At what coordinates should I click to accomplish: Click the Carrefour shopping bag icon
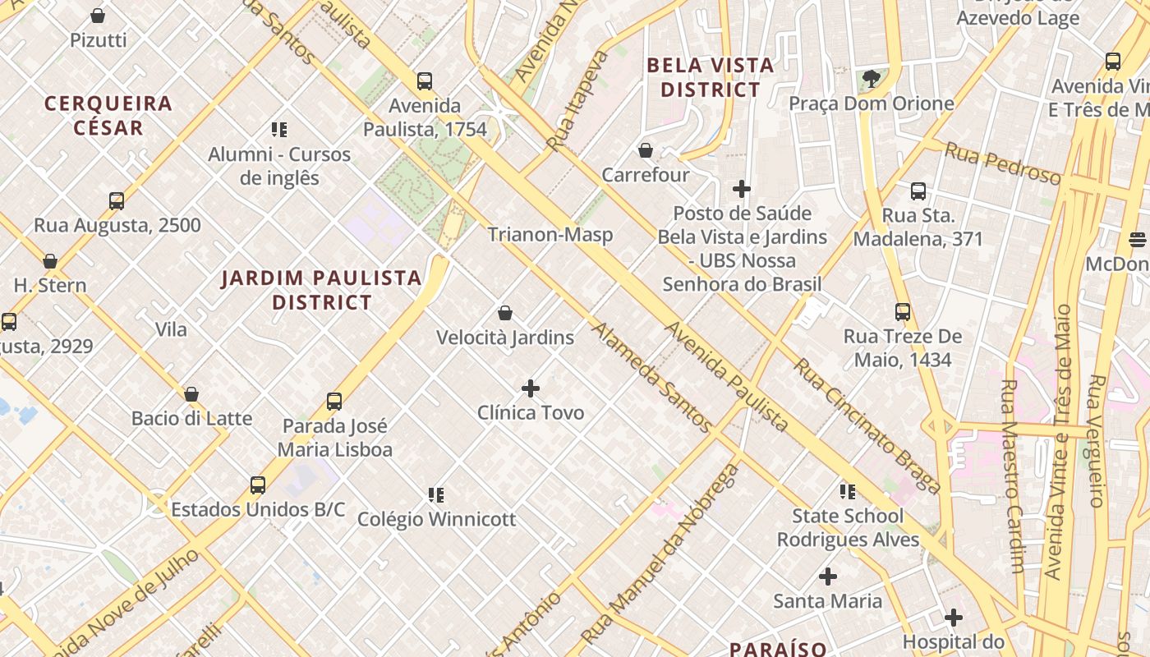pos(646,150)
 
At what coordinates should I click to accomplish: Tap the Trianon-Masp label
pos(550,235)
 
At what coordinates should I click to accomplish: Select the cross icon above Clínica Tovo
pos(531,388)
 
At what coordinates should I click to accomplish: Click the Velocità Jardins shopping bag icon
pos(505,313)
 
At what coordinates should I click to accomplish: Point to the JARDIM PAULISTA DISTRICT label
pos(322,290)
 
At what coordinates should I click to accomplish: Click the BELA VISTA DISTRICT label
pos(711,77)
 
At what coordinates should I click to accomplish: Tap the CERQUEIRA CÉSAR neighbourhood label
pos(108,115)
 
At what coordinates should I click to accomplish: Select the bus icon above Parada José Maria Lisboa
pos(333,402)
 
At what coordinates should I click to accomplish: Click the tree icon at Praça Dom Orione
pos(871,79)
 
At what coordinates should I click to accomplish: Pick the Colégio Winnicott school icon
pos(436,495)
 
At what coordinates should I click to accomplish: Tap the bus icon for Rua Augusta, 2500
pos(117,201)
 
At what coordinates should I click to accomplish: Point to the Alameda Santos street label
pos(651,377)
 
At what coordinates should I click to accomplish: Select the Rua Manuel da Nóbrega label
pos(660,554)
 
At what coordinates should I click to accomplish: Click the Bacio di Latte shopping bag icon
pos(191,394)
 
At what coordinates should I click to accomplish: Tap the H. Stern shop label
pos(50,285)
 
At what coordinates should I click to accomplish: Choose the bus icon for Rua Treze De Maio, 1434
pos(903,312)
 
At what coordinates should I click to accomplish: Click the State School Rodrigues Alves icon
pos(847,492)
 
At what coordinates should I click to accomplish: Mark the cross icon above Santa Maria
pos(828,577)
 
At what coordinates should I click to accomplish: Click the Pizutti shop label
pos(99,39)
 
